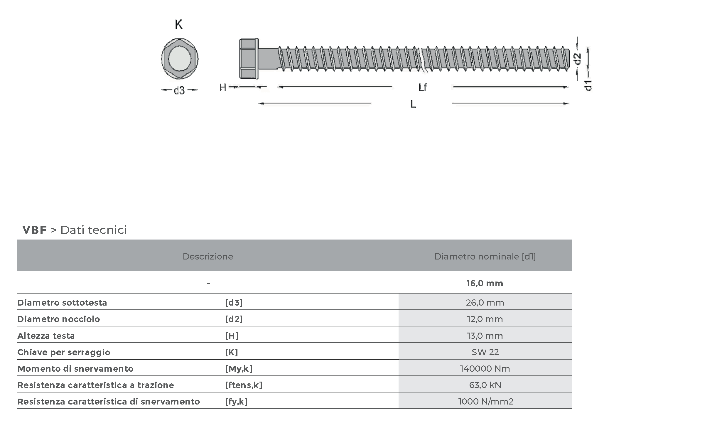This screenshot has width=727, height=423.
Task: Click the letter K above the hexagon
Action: (179, 24)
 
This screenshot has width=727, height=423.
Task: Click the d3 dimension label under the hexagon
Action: (179, 90)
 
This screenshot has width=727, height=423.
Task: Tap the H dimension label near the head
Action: (223, 87)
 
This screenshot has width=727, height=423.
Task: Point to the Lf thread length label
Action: (422, 87)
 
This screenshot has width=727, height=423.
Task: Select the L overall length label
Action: (413, 104)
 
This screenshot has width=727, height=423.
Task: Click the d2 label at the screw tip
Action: (577, 59)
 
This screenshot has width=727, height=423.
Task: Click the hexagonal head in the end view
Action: (180, 59)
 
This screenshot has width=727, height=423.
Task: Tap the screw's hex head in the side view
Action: (249, 59)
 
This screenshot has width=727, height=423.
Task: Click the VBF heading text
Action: (34, 230)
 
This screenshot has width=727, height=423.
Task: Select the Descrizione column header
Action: (208, 257)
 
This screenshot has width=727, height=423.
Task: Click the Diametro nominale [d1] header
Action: (485, 257)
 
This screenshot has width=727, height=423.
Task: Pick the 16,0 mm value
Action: (485, 283)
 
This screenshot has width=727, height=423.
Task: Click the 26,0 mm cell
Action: (485, 303)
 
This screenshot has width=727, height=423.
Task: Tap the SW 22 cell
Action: (485, 352)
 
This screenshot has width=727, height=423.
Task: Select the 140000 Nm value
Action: (485, 369)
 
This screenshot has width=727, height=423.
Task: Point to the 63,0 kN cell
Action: (485, 385)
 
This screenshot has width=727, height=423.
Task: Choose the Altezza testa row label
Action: (46, 336)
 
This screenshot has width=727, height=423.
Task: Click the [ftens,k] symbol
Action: (244, 385)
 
